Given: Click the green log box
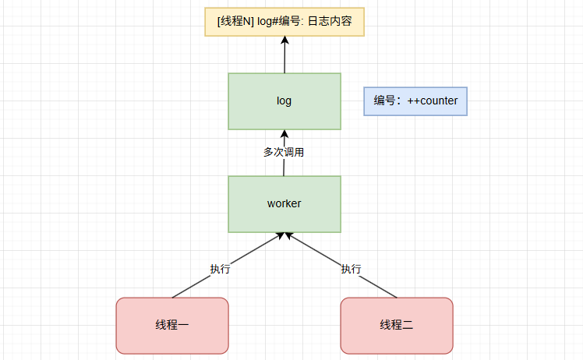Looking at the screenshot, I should pos(284,101).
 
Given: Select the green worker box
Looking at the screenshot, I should pos(284,203).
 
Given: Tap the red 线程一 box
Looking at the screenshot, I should pos(172,325).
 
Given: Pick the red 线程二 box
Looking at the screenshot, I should pos(397,325).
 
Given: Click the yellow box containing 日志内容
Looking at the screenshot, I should pos(284,21).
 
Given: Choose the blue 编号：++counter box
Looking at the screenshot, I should pos(415,101).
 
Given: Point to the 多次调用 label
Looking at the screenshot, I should pos(284,152).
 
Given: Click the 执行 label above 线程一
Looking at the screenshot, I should pos(220,270).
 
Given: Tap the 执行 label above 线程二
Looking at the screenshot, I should pos(351,270).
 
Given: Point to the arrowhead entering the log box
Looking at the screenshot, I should pos(284,134).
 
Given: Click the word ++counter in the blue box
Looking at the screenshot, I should pos(433,101).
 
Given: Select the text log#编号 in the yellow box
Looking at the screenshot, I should pos(281,21).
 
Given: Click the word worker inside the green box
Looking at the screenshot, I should pos(284,203).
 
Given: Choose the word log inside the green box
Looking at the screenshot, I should pos(284,101).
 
